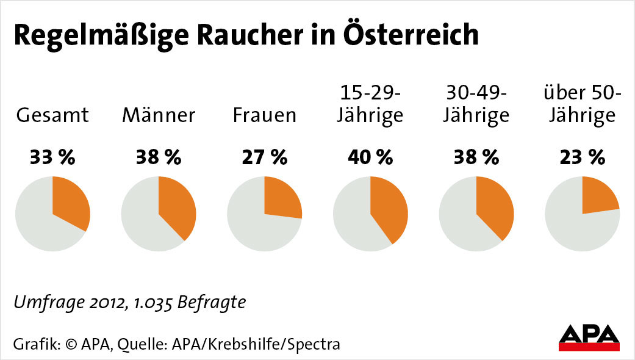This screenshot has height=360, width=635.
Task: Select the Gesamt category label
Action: click(52, 115)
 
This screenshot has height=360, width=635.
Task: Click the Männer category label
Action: click(159, 115)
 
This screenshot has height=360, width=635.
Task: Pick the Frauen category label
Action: click(264, 115)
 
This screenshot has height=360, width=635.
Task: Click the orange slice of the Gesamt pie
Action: click(71, 204)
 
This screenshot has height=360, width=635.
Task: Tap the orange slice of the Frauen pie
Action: click(281, 198)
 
